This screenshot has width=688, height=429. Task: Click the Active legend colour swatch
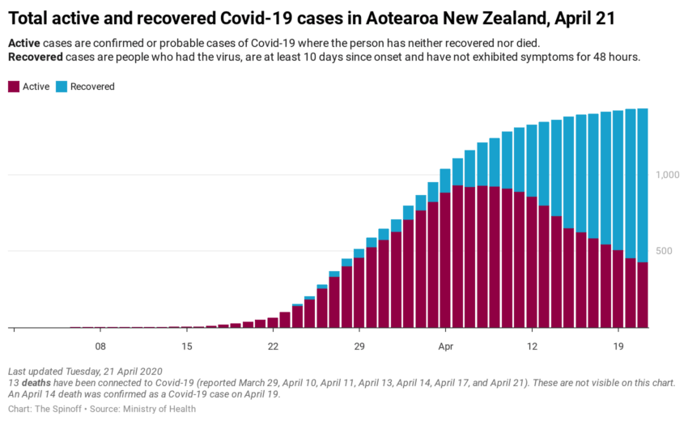13,87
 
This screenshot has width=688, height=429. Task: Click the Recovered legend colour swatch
62,87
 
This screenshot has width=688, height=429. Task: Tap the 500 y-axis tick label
664,251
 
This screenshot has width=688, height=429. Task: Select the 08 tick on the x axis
100,346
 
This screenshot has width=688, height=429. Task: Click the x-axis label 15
186,346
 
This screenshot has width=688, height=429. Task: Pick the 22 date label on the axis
273,346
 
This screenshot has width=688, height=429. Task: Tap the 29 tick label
359,346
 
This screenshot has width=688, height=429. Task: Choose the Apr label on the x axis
445,346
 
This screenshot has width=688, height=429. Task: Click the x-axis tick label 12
532,346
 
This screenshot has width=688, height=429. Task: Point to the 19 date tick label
618,346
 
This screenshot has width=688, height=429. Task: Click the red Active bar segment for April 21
643,295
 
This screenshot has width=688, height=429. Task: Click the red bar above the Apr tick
445,259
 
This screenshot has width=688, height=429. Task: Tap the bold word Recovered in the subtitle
36,57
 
